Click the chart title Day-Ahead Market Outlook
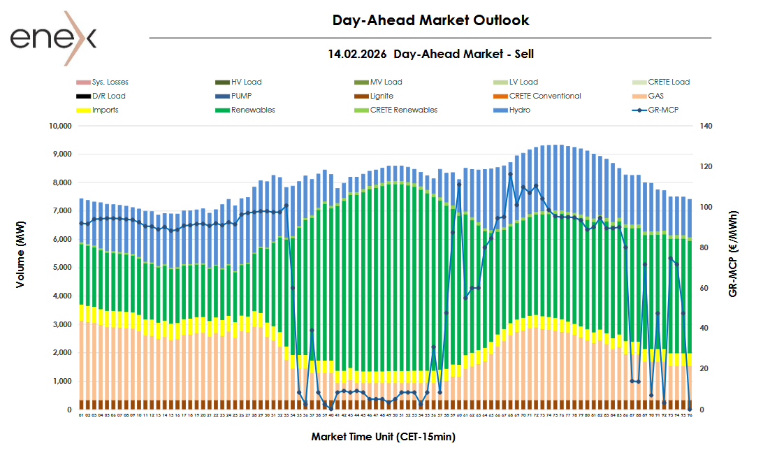[x=430, y=20]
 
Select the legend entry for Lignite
[x=382, y=96]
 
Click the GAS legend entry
[x=656, y=96]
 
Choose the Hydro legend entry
[x=520, y=110]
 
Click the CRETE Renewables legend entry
[x=403, y=110]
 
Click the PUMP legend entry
[x=243, y=96]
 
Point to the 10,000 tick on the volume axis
[x=59, y=127]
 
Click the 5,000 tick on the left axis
[x=61, y=268]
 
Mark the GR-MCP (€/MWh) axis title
[x=733, y=254]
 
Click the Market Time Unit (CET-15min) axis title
[x=384, y=437]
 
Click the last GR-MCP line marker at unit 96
[x=690, y=409]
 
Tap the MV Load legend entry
[x=386, y=82]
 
